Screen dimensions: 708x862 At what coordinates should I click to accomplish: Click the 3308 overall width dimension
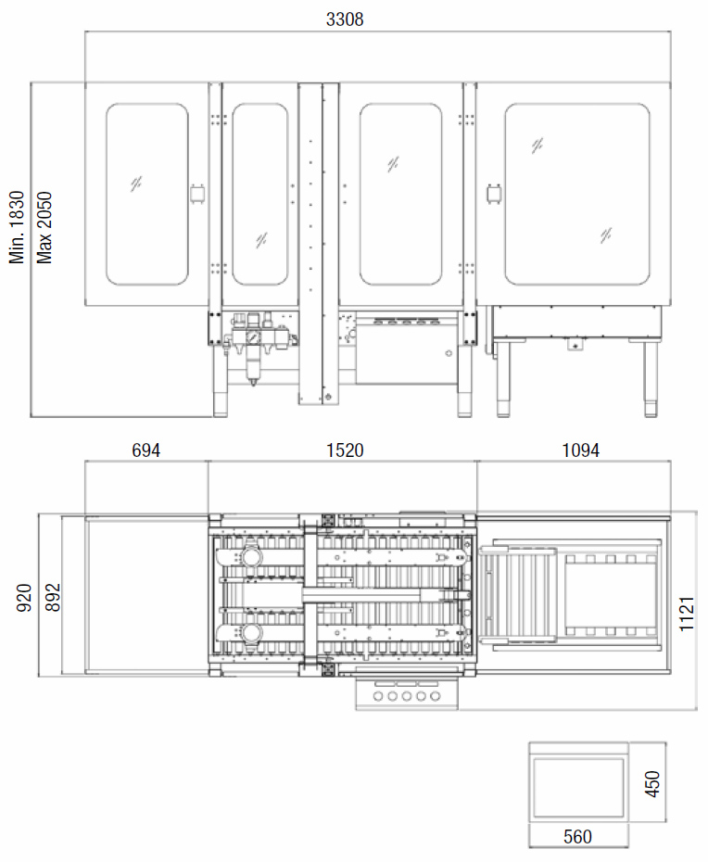[x=345, y=19]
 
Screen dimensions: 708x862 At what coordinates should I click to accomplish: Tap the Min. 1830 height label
[x=17, y=227]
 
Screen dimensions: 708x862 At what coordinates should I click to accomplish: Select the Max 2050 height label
[x=44, y=227]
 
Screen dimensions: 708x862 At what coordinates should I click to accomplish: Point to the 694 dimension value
[x=146, y=450]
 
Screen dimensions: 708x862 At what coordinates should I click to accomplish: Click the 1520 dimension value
[x=345, y=450]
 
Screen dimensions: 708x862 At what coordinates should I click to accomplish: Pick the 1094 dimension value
[x=580, y=450]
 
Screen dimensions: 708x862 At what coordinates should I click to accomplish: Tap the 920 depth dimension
[x=24, y=598]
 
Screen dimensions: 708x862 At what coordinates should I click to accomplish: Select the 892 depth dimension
[x=53, y=598]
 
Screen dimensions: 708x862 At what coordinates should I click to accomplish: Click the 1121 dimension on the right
[x=687, y=613]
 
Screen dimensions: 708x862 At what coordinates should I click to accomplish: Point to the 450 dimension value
[x=651, y=783]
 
